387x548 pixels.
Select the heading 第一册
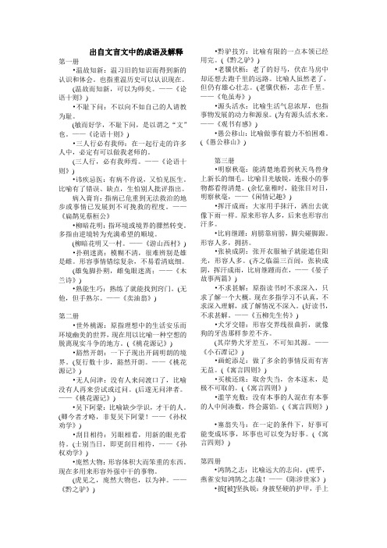click(68, 61)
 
